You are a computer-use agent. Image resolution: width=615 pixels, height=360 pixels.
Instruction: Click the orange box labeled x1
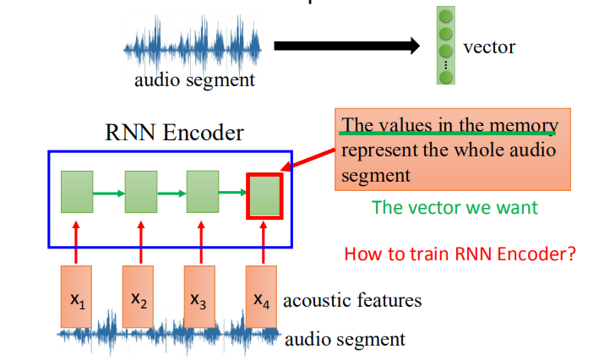pyautogui.click(x=77, y=297)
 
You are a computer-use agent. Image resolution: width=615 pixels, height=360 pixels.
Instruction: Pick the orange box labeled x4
pyautogui.click(x=263, y=297)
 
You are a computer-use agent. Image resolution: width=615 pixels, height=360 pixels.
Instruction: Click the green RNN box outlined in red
pyautogui.click(x=264, y=194)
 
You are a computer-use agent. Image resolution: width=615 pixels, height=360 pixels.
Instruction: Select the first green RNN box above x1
pyautogui.click(x=77, y=193)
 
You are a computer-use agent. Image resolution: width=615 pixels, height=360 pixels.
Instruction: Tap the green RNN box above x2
pyautogui.click(x=141, y=193)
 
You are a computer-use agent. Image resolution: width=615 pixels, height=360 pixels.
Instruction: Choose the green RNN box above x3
pyautogui.click(x=203, y=193)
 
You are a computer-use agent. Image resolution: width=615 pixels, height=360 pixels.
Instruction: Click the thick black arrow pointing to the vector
pyautogui.click(x=346, y=46)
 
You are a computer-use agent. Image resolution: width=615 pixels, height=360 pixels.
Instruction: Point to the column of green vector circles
pyautogui.click(x=446, y=46)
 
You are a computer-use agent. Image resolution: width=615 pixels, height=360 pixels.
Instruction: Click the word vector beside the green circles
pyautogui.click(x=489, y=46)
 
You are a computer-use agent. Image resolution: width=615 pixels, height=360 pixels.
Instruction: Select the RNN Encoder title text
pyautogui.click(x=174, y=133)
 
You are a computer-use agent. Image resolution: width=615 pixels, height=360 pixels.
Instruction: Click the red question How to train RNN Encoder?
pyautogui.click(x=460, y=254)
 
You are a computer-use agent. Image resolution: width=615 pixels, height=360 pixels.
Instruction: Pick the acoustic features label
pyautogui.click(x=352, y=300)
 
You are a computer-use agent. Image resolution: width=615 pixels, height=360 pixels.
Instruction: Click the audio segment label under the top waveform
pyautogui.click(x=194, y=81)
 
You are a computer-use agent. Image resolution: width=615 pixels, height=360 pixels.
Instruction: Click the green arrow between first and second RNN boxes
pyautogui.click(x=108, y=194)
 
